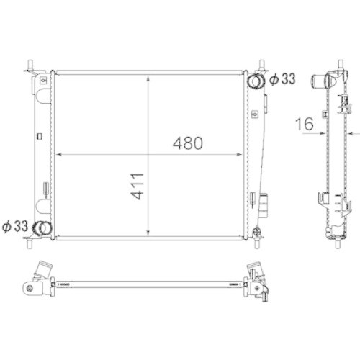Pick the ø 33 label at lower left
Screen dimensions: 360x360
[15, 225]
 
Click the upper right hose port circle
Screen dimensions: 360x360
[256, 81]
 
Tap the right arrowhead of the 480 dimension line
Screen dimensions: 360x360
[241, 154]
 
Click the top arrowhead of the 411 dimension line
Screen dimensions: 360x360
[148, 76]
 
